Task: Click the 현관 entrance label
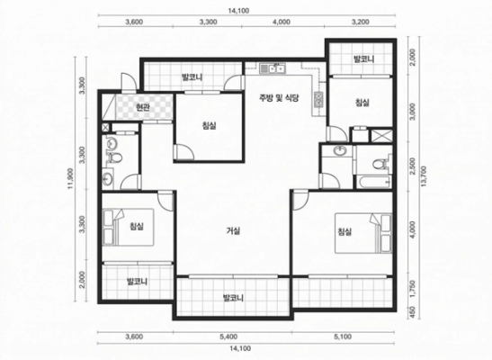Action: pos(142,108)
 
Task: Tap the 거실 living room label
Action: pos(234,231)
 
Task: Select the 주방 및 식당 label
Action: pos(279,97)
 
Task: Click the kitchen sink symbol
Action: pos(272,68)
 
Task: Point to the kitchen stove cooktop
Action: pos(318,100)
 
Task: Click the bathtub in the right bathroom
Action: pos(373,182)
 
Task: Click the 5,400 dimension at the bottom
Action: pos(228,337)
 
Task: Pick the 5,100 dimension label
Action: pos(343,337)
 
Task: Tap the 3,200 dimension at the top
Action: pos(360,22)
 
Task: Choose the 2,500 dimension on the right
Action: pos(412,166)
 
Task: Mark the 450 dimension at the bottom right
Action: pos(412,312)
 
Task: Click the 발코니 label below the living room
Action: pos(233,298)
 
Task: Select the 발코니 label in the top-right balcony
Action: pos(363,59)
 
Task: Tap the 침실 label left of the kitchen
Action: pos(209,126)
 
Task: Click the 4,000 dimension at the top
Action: pos(282,22)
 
